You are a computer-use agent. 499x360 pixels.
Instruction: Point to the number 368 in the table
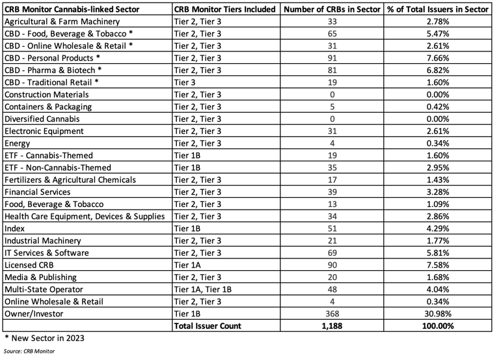330,313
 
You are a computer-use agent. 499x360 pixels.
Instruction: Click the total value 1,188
330,325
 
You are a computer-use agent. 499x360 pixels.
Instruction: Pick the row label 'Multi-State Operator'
51,289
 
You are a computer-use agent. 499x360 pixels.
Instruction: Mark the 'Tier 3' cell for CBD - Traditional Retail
187,83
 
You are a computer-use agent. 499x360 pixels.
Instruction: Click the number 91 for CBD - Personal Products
330,59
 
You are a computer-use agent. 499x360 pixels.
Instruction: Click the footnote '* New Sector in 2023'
44,339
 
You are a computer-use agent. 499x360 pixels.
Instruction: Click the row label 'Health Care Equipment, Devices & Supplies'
85,216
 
